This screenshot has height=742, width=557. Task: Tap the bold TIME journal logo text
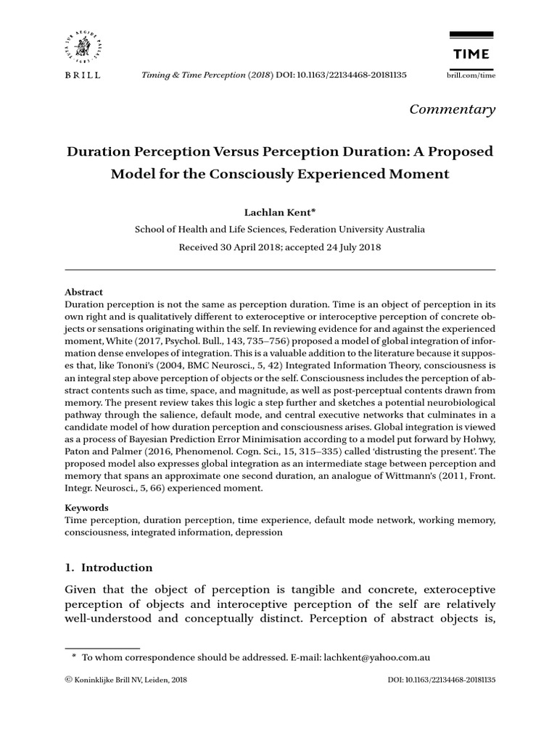(x=471, y=54)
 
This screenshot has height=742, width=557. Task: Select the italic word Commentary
(x=452, y=109)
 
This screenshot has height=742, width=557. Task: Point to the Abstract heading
(x=84, y=292)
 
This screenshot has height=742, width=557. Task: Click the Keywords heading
(x=87, y=508)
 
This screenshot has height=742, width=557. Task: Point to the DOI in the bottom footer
(x=442, y=681)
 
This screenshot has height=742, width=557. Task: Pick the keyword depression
(x=258, y=532)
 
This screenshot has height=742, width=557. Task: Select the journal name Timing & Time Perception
(x=193, y=75)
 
